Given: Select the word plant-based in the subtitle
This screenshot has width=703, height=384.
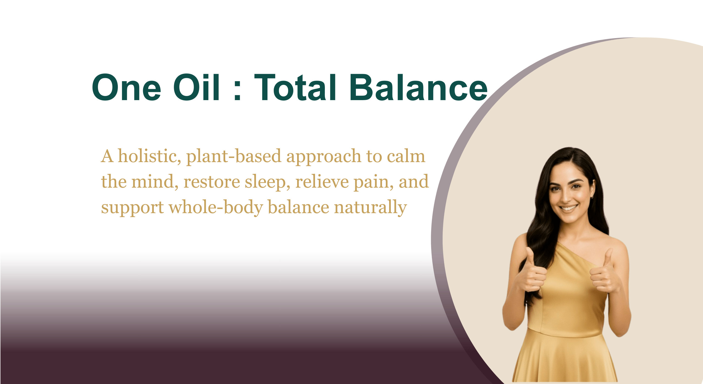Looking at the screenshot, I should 234,156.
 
